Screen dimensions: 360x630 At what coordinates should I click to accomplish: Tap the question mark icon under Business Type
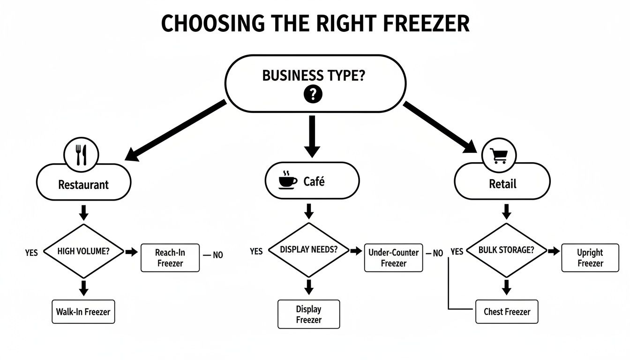point(313,95)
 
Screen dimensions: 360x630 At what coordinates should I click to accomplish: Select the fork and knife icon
point(82,155)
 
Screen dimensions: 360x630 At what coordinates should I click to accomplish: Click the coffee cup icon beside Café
point(287,181)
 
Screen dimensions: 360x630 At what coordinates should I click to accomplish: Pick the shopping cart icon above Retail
point(498,155)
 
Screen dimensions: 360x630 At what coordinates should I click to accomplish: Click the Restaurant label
point(83,184)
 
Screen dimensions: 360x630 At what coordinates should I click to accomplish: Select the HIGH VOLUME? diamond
point(83,251)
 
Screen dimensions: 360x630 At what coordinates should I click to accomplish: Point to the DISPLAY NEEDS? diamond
point(308,250)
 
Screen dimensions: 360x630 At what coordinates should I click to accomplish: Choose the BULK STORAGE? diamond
point(506,250)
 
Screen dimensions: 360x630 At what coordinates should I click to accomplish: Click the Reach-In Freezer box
point(170,258)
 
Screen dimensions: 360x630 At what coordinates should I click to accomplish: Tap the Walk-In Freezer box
point(83,312)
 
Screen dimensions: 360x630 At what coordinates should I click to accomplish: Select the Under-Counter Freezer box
point(393,258)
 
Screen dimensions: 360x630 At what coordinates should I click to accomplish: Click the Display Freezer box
point(308,314)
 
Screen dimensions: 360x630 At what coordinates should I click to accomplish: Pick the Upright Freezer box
point(590,258)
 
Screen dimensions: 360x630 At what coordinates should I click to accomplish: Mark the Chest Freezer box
point(507,312)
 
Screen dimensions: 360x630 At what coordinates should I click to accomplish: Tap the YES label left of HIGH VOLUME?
point(31,252)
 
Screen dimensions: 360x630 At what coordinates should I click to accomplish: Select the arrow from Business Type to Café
point(312,136)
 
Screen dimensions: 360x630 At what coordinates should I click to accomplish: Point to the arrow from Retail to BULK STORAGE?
point(506,212)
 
